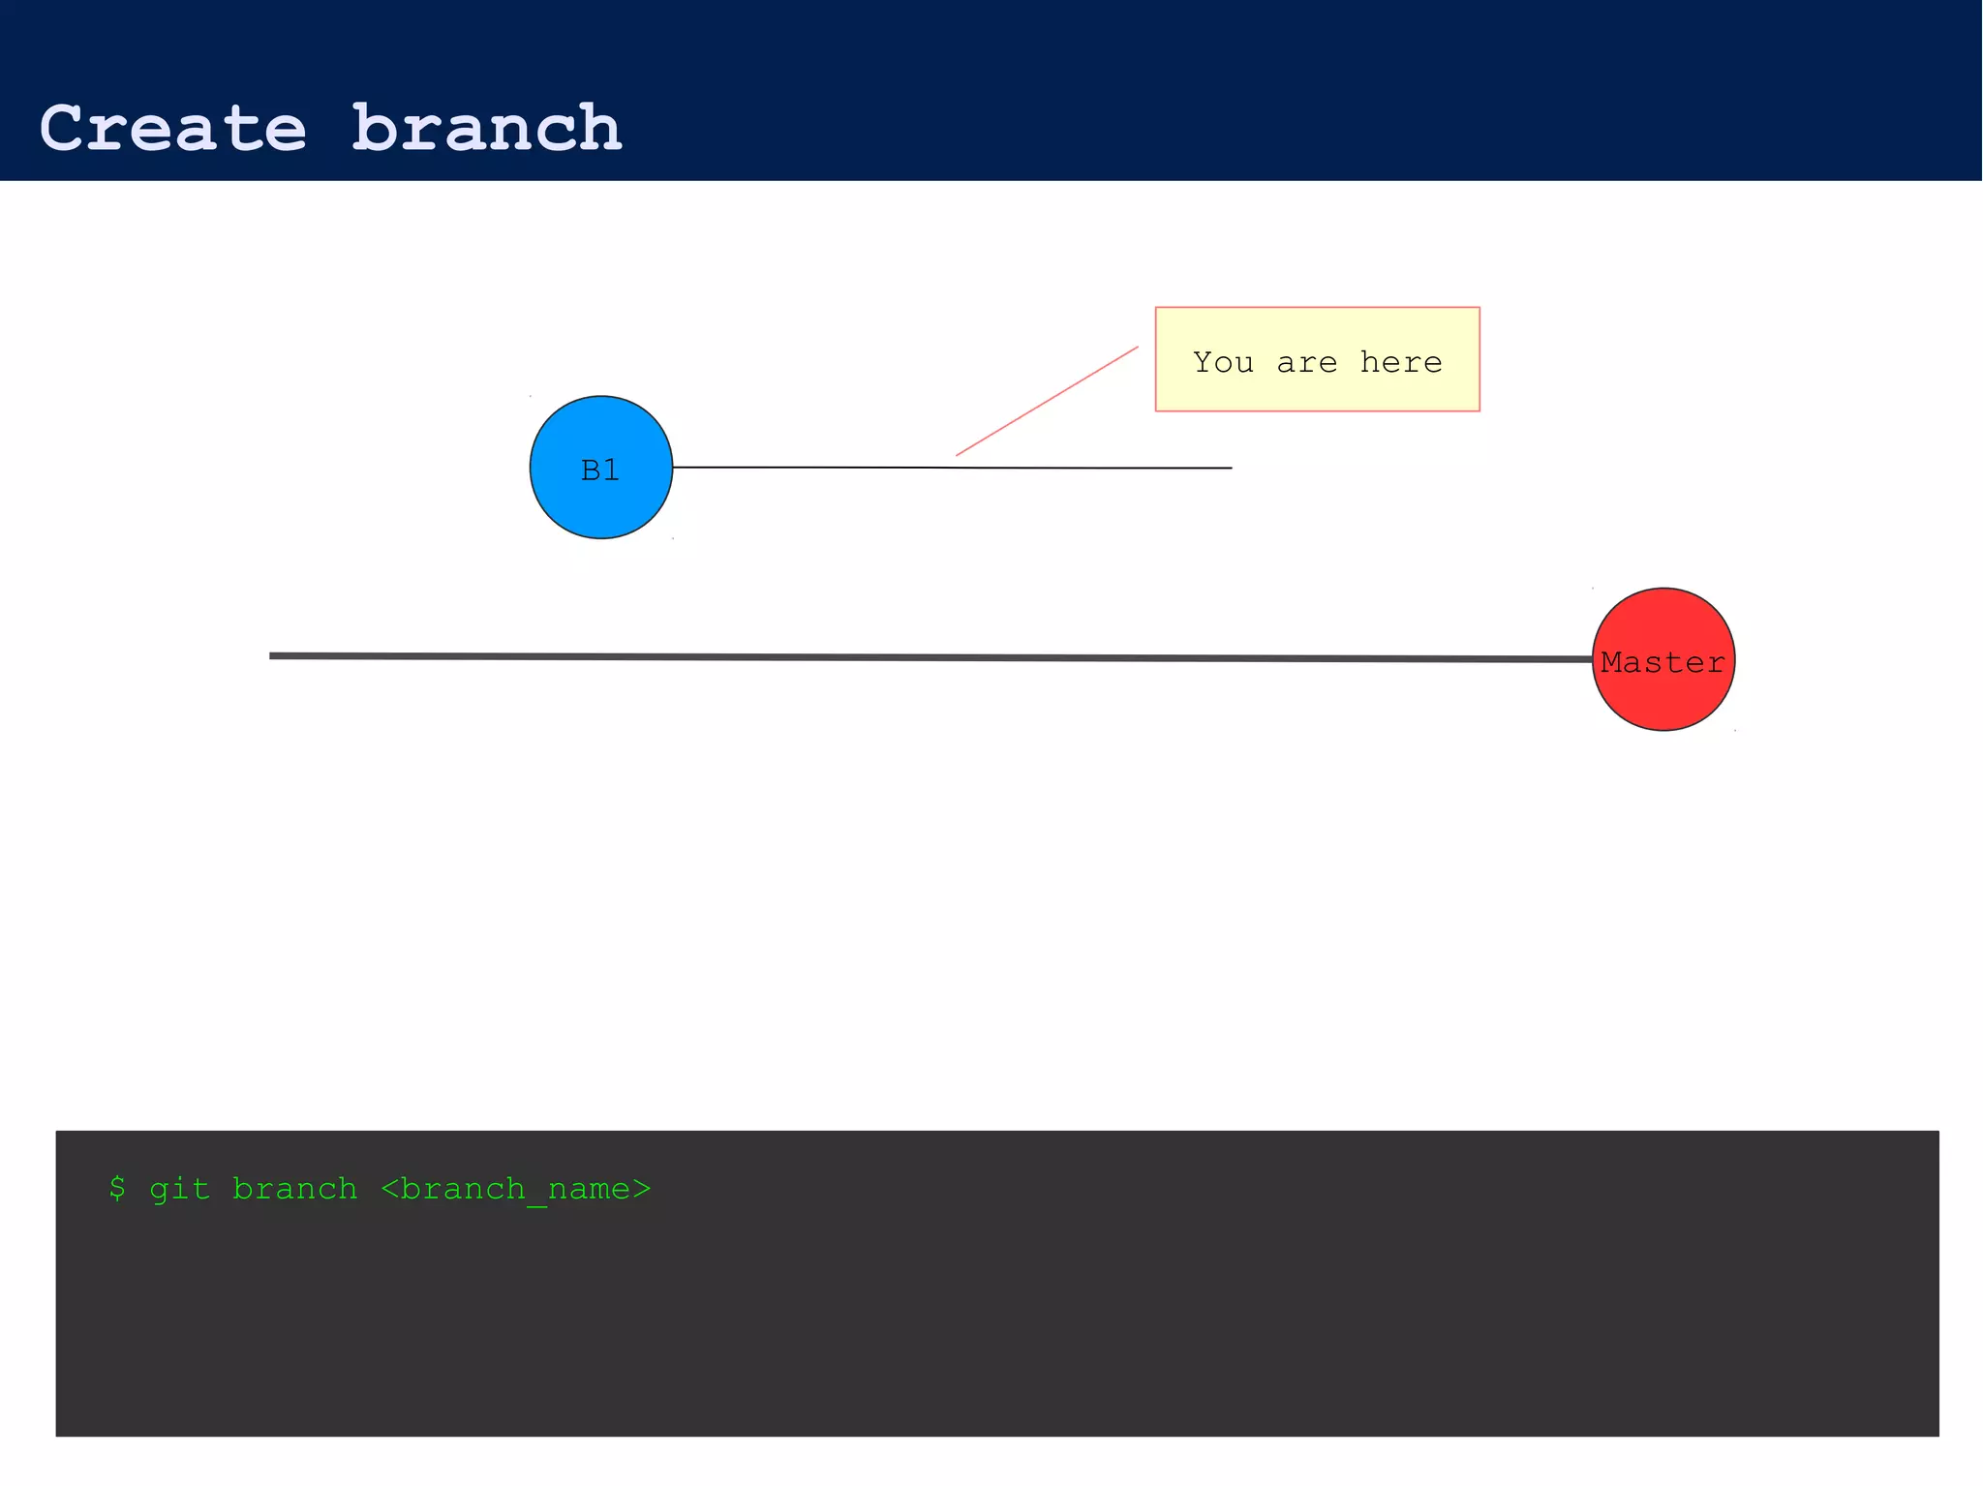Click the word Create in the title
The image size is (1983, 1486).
172,129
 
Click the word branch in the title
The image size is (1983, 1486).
486,129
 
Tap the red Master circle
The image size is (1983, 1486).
1663,702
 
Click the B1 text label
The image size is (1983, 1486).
600,470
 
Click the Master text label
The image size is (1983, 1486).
1663,663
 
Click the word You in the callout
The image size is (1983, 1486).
1223,362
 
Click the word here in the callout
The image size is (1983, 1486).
1401,362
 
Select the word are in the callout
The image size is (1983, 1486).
1306,362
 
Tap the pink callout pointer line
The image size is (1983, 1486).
1047,401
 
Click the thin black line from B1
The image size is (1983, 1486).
823,468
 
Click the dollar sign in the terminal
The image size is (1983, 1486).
117,1188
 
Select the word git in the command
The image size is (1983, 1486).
179,1188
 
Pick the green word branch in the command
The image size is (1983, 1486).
294,1188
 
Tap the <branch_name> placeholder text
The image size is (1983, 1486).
515,1189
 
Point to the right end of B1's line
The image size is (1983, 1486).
1229,468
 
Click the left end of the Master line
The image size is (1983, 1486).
273,655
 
